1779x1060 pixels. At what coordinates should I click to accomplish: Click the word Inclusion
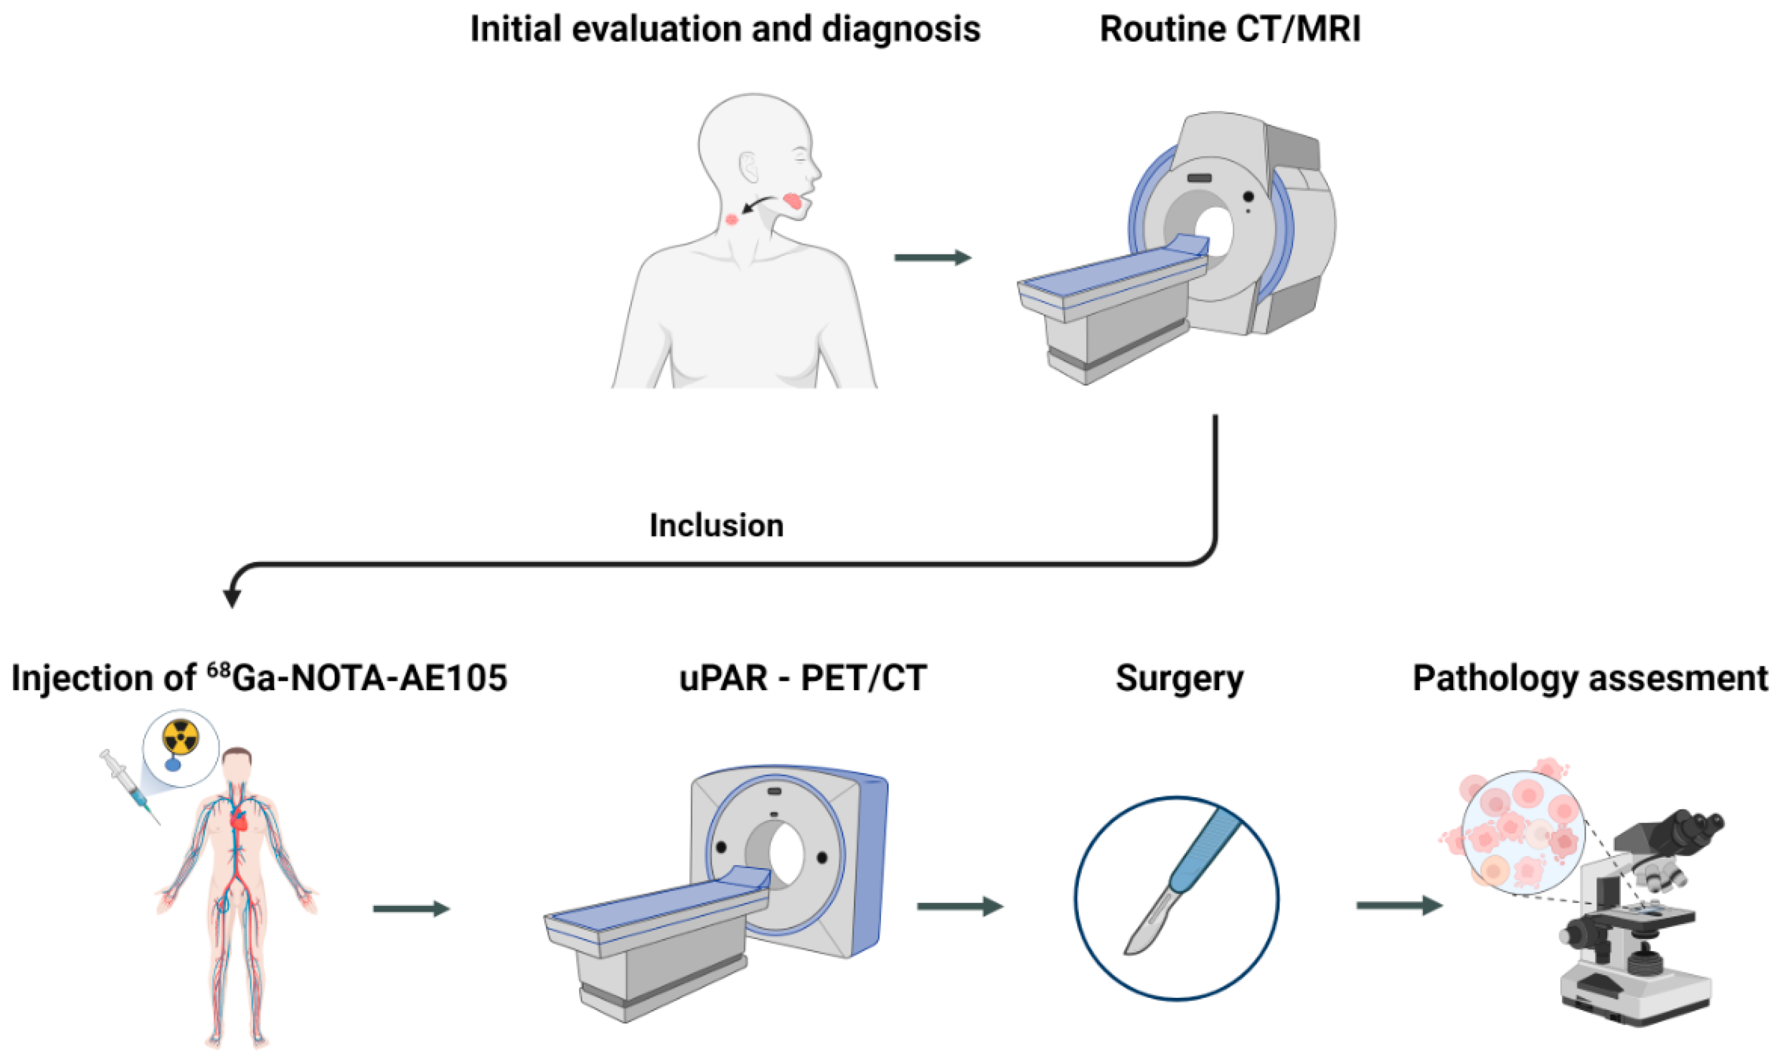point(716,526)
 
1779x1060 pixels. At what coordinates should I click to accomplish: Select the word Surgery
point(1180,679)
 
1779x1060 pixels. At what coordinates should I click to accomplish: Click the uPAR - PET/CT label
point(802,679)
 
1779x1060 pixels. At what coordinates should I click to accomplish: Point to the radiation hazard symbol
point(180,737)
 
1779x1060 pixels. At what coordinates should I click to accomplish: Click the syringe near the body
point(129,786)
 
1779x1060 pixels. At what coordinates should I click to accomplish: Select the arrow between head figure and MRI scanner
point(933,257)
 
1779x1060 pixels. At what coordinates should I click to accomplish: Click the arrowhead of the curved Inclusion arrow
point(232,597)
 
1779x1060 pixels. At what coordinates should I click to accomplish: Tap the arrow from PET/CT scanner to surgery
point(960,906)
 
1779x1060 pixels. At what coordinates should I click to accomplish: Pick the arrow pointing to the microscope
point(1399,906)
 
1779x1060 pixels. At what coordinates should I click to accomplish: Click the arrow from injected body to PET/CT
point(411,909)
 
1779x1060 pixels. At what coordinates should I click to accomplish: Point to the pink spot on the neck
point(731,219)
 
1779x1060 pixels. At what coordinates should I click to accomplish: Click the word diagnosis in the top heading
point(901,30)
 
